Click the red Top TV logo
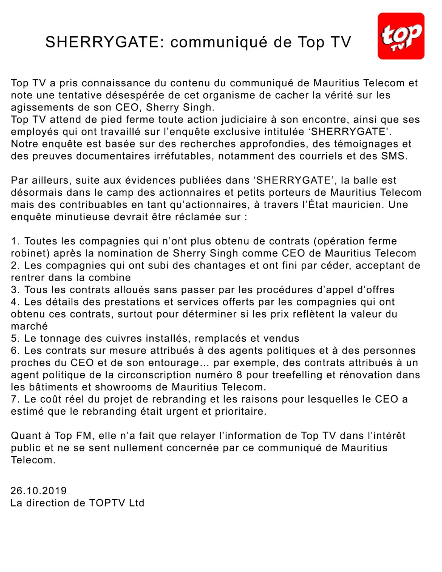tap(400, 36)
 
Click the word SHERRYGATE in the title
tap(102, 42)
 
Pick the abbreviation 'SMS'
tap(394, 156)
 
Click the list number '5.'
tap(16, 338)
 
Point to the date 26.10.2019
tap(38, 491)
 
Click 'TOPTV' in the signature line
tap(107, 503)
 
